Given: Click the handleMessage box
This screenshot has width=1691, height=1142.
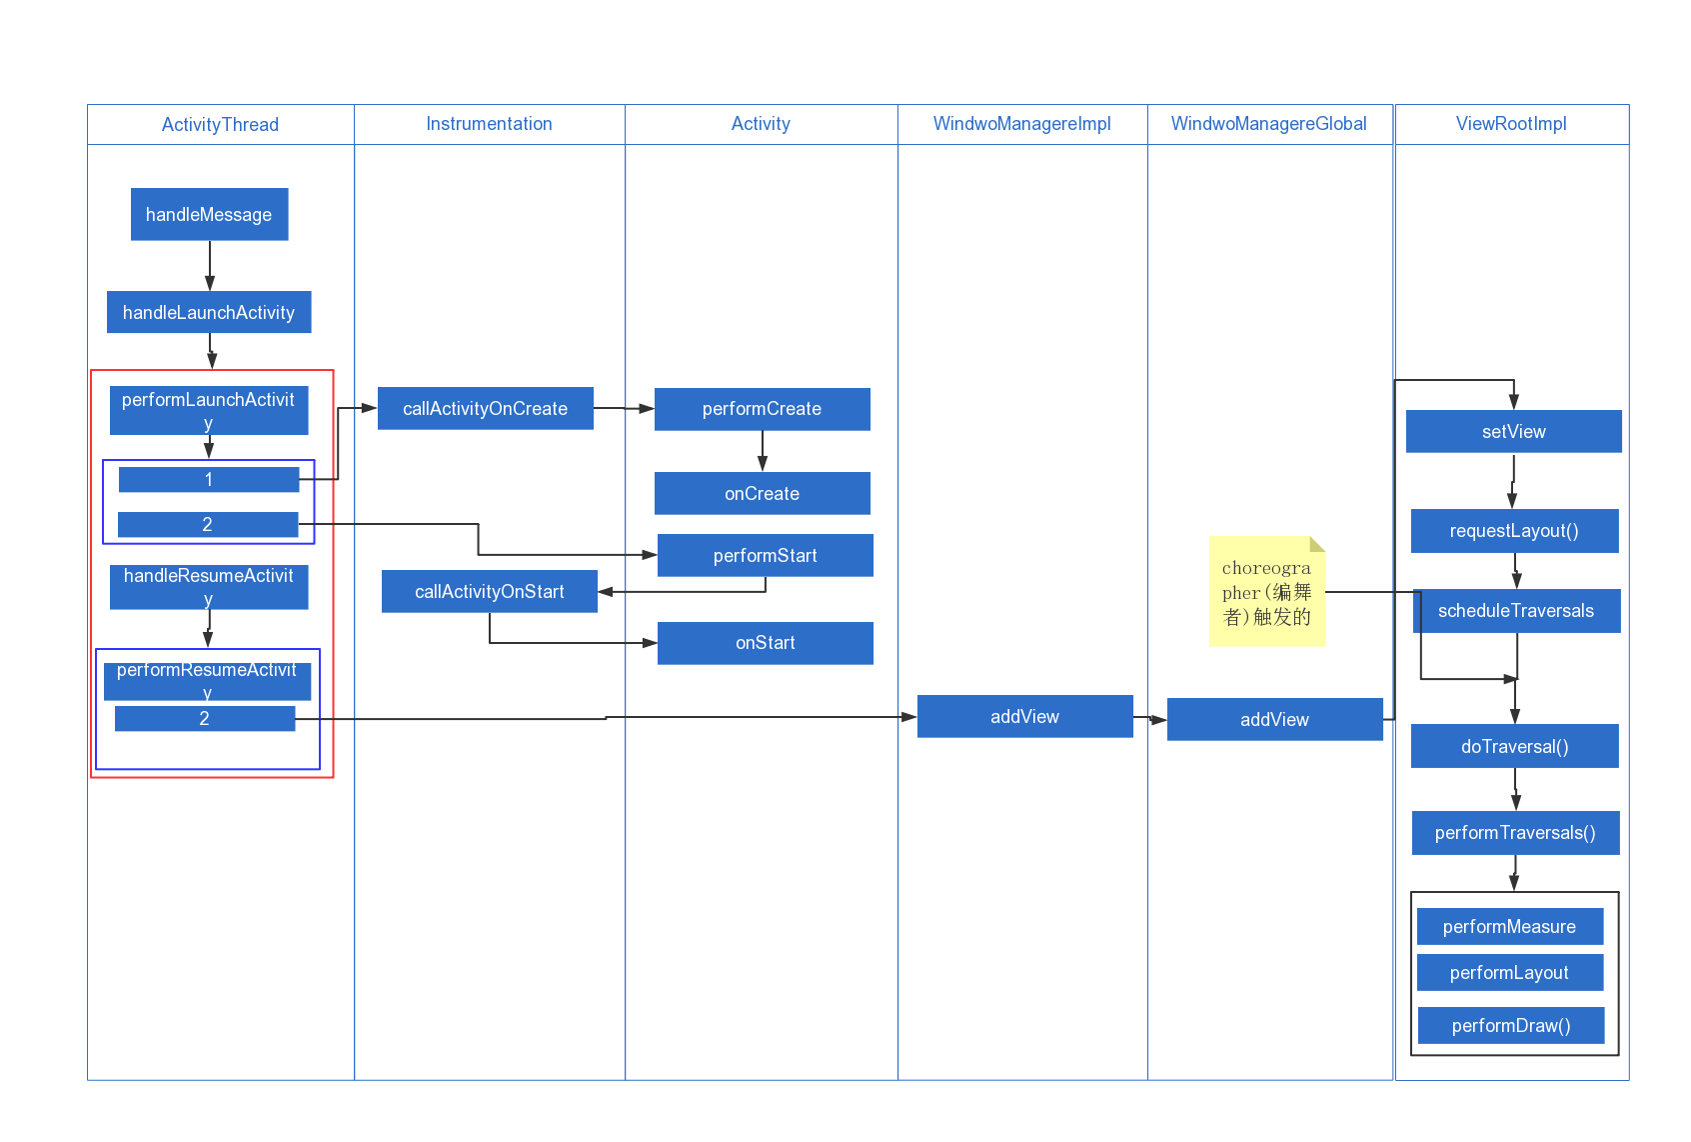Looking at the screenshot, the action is (x=209, y=214).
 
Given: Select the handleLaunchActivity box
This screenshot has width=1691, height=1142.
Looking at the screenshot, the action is (x=209, y=312).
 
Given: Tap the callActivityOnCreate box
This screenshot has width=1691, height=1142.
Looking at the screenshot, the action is (x=485, y=408).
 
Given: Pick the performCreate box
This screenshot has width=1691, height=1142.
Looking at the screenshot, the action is (x=762, y=409).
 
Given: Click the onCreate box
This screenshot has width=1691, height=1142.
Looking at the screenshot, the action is (x=762, y=493).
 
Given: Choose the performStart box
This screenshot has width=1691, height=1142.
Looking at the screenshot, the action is (x=765, y=555).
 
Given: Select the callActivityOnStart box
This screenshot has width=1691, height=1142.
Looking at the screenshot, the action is (x=489, y=591).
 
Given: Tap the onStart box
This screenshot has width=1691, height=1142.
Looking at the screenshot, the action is (x=765, y=643).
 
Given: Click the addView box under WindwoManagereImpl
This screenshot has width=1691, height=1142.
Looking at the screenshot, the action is (x=1024, y=716).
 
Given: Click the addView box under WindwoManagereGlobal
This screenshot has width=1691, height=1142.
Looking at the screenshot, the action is (x=1274, y=719).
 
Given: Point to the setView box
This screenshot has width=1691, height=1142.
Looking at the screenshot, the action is (x=1513, y=431).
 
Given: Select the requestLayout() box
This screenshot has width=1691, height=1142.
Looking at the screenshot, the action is (x=1514, y=531).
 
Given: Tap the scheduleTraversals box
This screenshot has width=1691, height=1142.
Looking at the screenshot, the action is (x=1516, y=611).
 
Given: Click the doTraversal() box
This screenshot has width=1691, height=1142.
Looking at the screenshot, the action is (x=1514, y=746).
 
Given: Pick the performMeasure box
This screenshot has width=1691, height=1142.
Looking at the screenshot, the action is (x=1509, y=926).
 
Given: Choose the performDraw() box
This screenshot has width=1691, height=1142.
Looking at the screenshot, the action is (x=1510, y=1025).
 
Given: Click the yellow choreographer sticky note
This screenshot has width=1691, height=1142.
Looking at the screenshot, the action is (x=1266, y=592).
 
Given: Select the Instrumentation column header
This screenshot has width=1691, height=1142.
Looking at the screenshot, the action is (x=489, y=124).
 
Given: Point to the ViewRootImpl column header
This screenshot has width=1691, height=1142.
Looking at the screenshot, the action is (x=1511, y=124).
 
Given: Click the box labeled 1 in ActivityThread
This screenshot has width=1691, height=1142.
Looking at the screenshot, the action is (x=208, y=479).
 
